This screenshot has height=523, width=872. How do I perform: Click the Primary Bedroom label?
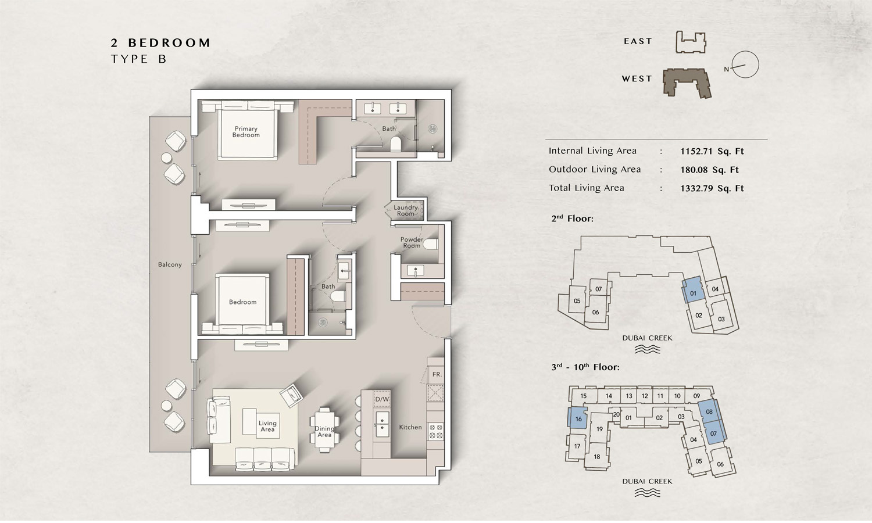click(246, 132)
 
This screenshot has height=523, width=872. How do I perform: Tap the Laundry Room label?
click(406, 210)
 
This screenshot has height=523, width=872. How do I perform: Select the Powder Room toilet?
click(431, 245)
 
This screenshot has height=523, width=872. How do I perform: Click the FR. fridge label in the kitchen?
click(437, 374)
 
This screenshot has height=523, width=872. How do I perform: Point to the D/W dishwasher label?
click(382, 399)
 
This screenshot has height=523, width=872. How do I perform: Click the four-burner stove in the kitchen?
click(435, 431)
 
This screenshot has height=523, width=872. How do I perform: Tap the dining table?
click(324, 429)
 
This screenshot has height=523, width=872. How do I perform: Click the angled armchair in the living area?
click(292, 395)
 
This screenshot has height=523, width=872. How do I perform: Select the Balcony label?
click(170, 264)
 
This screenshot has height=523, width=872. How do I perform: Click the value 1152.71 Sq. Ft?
click(712, 151)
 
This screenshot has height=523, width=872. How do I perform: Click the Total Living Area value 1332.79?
click(696, 188)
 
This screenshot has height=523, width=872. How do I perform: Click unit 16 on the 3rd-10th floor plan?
click(577, 418)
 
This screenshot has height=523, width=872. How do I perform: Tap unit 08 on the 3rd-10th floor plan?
click(709, 411)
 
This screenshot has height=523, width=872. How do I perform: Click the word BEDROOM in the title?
click(169, 43)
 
